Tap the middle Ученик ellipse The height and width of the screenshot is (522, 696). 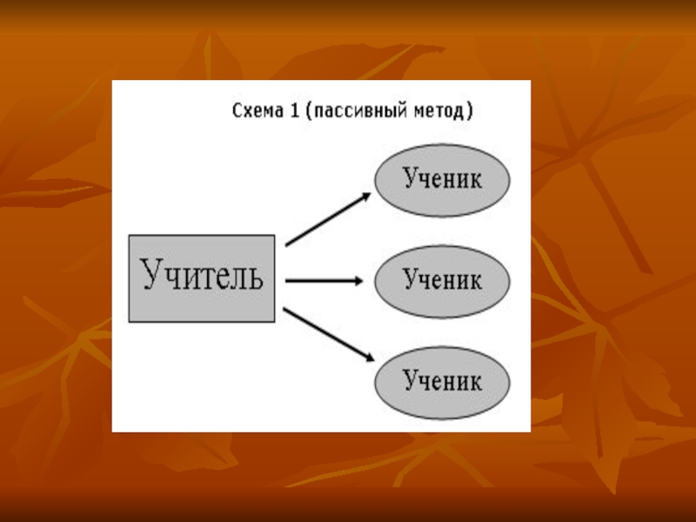442,280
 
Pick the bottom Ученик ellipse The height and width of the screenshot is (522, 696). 442,381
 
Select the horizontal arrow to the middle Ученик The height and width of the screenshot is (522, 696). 322,280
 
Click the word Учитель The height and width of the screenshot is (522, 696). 202,277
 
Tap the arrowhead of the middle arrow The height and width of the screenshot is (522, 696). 357,280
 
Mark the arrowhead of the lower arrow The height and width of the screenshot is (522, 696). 368,357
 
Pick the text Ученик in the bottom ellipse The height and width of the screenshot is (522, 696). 442,381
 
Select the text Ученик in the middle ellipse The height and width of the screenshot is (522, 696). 442,280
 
